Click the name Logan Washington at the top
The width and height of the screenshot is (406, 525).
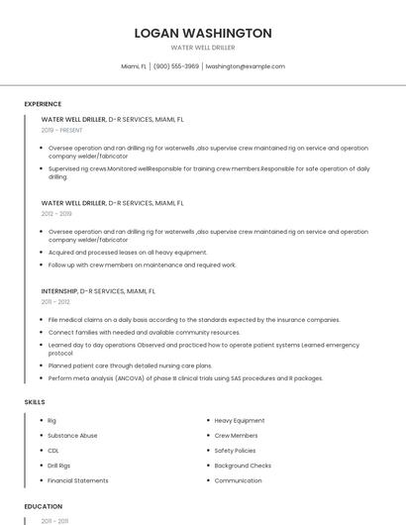[x=203, y=33]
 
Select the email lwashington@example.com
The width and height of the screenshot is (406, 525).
[x=245, y=66]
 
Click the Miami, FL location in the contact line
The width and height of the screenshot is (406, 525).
[x=134, y=66]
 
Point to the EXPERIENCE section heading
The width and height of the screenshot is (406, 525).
[x=43, y=103]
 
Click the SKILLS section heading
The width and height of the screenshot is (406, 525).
[x=35, y=402]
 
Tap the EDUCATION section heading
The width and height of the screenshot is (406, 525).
[x=43, y=505]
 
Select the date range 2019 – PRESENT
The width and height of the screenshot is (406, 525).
[x=62, y=130]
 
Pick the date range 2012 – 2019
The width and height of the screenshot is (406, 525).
[x=56, y=213]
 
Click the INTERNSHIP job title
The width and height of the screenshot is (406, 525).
[x=59, y=291]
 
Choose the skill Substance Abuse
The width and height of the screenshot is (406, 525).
[x=72, y=435]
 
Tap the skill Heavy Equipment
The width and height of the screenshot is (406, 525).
[x=240, y=420]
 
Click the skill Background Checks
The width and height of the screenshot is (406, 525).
[x=243, y=466]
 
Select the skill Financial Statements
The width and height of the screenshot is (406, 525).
[x=78, y=480]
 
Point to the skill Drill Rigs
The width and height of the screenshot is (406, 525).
[x=60, y=466]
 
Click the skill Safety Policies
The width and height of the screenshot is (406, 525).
[x=236, y=450]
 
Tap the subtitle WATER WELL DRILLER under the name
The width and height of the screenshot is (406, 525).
[x=203, y=47]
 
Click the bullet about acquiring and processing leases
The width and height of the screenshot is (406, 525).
[x=128, y=252]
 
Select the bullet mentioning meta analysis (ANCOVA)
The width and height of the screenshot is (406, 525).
[x=185, y=377]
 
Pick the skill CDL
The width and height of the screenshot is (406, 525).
[x=53, y=450]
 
